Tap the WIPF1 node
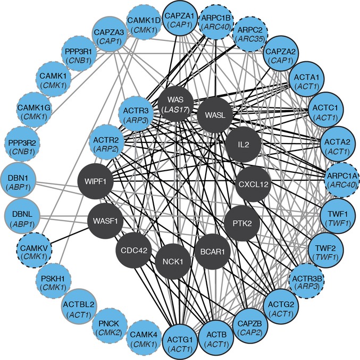coord(96,182)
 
